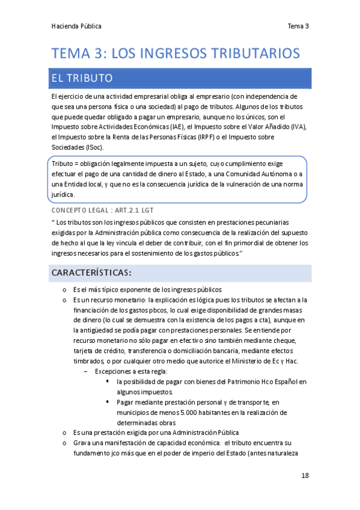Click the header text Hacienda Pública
[x=76, y=26]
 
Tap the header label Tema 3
[x=298, y=26]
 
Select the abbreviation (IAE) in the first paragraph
[x=175, y=127]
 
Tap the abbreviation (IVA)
[x=298, y=127]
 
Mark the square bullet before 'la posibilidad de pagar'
[x=107, y=381]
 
